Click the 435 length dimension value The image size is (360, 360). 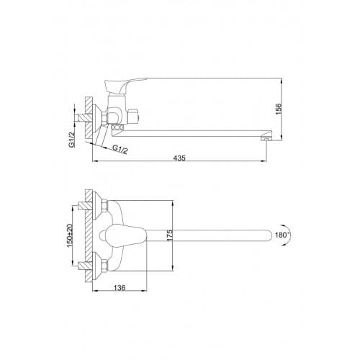point(180,158)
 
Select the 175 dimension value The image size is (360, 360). point(169,235)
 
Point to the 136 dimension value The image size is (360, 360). point(120,287)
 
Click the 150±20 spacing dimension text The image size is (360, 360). point(69,235)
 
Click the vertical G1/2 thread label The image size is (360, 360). point(71,140)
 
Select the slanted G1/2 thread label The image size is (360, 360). point(120,149)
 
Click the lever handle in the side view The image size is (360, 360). point(125,85)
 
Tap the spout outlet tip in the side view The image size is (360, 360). point(264,138)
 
